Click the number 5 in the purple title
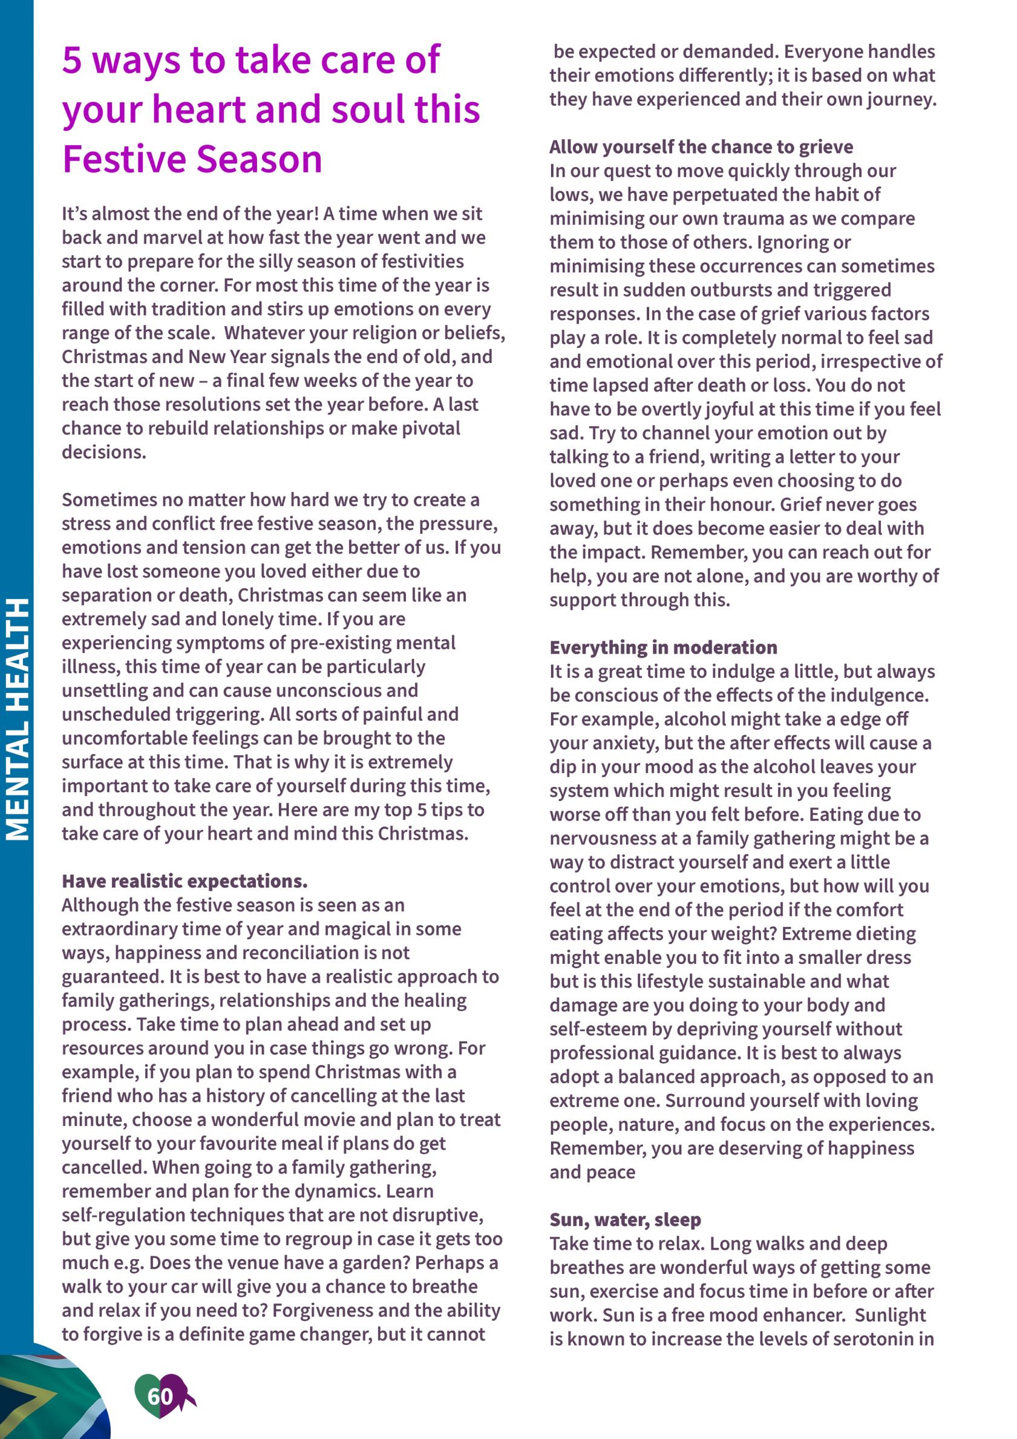72,60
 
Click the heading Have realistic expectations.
185,881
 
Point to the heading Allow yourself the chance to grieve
701,146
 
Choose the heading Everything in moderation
663,647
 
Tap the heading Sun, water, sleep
625,1220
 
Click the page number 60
160,1396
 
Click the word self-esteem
597,1029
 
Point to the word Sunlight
890,1315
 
